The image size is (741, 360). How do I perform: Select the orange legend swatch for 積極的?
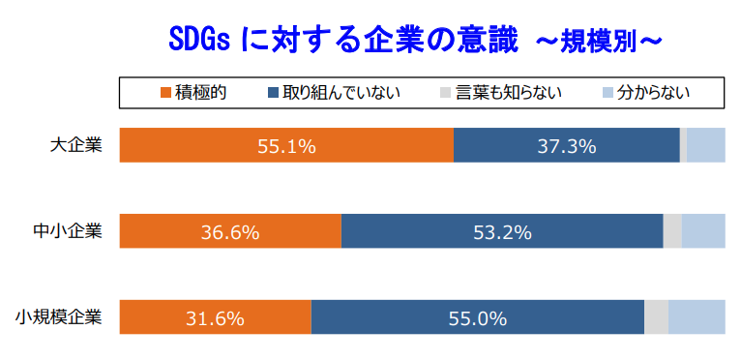[165, 93]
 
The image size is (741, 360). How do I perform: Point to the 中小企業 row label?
[67, 232]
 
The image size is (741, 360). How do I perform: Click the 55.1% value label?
[286, 146]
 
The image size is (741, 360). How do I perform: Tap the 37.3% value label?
[566, 146]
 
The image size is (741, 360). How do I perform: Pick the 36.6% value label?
[230, 232]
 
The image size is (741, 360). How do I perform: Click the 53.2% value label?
[502, 232]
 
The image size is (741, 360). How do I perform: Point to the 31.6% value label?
[215, 318]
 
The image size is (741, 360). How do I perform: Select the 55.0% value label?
[478, 318]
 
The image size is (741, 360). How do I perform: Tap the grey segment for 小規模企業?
[656, 318]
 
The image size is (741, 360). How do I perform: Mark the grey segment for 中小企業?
[672, 232]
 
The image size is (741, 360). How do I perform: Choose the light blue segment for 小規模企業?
[697, 318]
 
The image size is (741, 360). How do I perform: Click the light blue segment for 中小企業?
[703, 232]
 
